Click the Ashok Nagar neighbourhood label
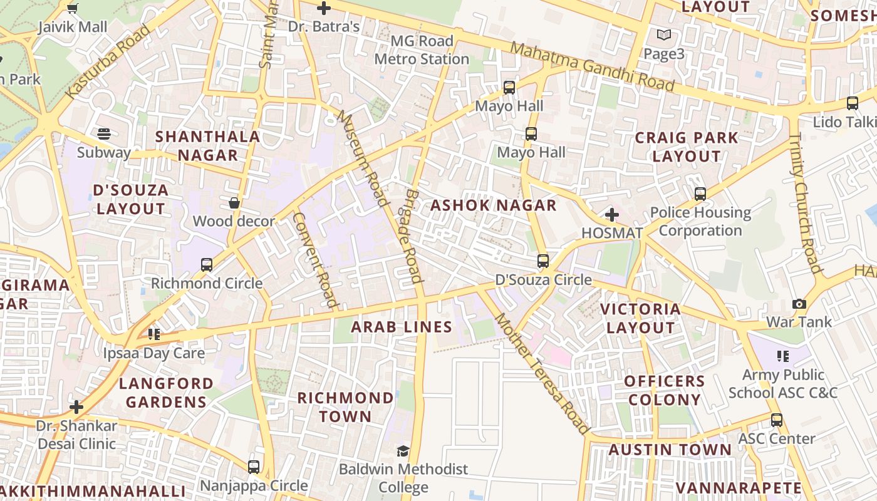point(493,205)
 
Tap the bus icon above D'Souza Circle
point(543,261)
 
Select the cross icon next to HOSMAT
point(612,215)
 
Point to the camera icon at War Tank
point(799,304)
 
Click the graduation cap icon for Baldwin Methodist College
point(403,451)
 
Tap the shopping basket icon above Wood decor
point(234,203)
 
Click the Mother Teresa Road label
point(542,374)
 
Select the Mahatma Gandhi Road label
point(592,66)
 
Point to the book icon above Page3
point(663,36)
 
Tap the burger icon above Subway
point(104,133)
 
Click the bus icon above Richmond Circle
point(207,265)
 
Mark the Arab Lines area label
point(401,327)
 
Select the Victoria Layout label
point(640,318)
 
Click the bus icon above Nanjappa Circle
point(253,467)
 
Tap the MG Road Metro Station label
point(422,50)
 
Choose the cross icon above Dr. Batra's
point(323,9)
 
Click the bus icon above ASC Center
point(777,420)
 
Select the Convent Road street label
point(316,261)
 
